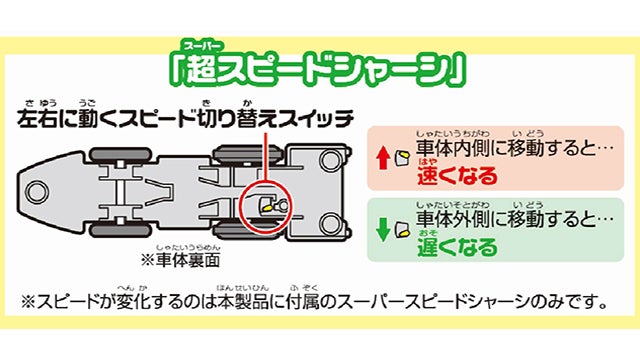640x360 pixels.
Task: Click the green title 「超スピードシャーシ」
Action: pyautogui.click(x=318, y=69)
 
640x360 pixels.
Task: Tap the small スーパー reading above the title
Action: pyautogui.click(x=202, y=46)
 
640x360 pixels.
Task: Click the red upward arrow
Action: pyautogui.click(x=383, y=158)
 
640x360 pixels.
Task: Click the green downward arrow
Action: pyautogui.click(x=383, y=229)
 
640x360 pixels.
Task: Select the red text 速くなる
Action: pyautogui.click(x=457, y=176)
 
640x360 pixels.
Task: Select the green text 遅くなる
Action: pyautogui.click(x=457, y=247)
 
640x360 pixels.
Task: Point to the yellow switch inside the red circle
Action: pyautogui.click(x=267, y=207)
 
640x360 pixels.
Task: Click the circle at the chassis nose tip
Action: pyautogui.click(x=36, y=191)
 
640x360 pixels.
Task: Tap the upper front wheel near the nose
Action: pyautogui.click(x=120, y=154)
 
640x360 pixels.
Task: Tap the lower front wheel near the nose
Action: pyautogui.click(x=120, y=230)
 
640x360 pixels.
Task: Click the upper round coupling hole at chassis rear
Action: pyautogui.click(x=331, y=160)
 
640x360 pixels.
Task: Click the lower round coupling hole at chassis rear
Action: pyautogui.click(x=331, y=224)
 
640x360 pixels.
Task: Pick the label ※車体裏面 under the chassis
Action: pyautogui.click(x=180, y=260)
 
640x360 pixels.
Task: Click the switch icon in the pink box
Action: pyautogui.click(x=402, y=158)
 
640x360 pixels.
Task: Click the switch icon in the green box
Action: pyautogui.click(x=402, y=230)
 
